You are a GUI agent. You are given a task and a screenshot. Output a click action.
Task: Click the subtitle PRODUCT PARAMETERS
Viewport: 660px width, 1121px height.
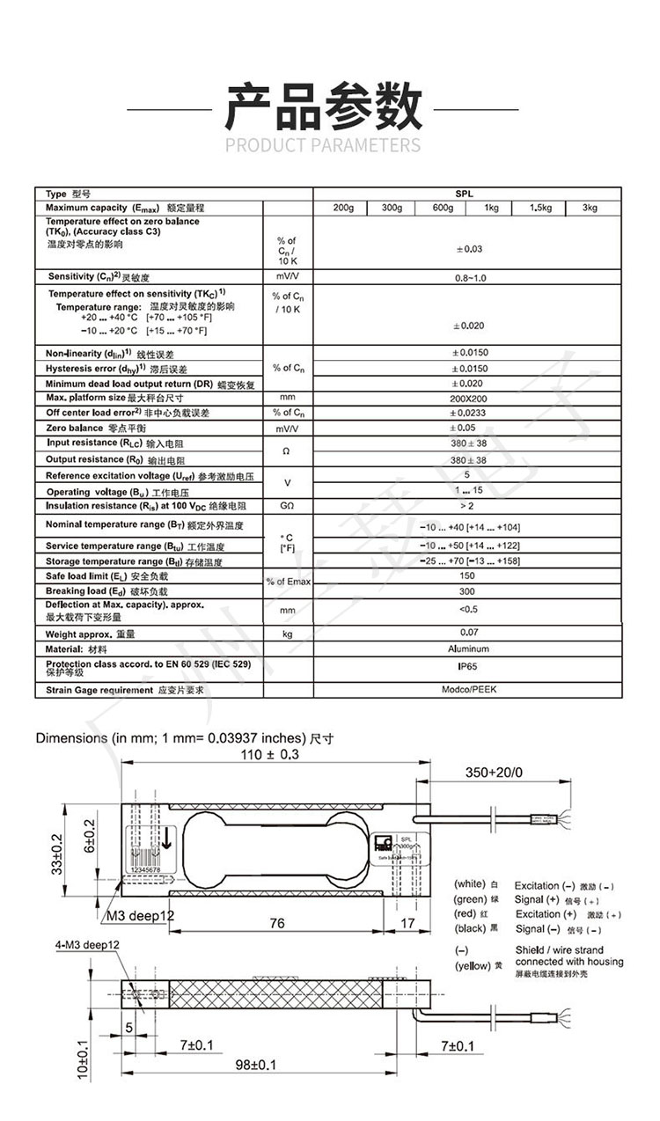(323, 145)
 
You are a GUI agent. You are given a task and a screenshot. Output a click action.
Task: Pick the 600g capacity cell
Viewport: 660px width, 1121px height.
(443, 208)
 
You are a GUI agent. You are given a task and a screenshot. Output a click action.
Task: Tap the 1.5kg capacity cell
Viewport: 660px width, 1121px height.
(540, 208)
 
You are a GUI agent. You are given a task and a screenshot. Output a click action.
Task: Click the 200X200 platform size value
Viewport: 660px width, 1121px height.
(467, 398)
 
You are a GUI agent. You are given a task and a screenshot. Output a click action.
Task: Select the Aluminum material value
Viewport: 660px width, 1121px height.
(467, 648)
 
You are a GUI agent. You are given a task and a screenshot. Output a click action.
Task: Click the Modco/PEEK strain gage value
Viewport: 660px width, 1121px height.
(467, 689)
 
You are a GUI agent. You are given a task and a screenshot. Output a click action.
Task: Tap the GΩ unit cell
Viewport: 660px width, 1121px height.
(288, 507)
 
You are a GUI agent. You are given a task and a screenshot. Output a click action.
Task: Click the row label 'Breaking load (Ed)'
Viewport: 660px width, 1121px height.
(97, 591)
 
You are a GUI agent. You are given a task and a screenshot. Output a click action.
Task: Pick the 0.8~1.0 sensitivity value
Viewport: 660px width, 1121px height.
(467, 277)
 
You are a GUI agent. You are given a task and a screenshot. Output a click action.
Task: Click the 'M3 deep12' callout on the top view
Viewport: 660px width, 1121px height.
(141, 916)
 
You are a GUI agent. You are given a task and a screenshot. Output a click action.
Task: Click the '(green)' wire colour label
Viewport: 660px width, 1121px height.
(471, 899)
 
